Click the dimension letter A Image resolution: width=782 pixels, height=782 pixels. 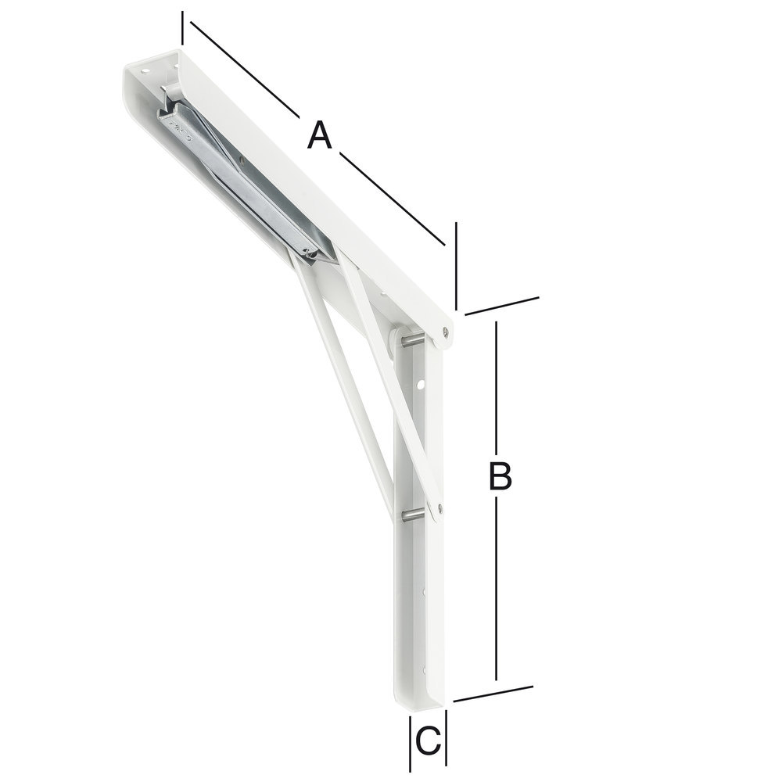click(x=319, y=135)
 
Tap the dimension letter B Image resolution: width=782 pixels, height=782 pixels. click(x=500, y=476)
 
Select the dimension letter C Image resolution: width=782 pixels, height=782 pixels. click(x=428, y=740)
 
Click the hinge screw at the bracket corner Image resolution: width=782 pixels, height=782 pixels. click(x=445, y=332)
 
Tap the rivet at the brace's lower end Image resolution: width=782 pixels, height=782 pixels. click(x=439, y=509)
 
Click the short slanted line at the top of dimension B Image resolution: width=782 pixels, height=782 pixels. click(x=501, y=306)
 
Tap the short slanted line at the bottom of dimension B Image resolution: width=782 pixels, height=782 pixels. click(x=493, y=694)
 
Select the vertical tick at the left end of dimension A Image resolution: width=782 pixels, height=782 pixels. click(x=182, y=27)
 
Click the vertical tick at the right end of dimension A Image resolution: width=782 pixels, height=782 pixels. click(x=455, y=266)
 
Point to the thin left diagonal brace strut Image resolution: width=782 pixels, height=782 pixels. click(x=344, y=383)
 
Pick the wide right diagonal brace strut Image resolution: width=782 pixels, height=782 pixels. click(x=391, y=383)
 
